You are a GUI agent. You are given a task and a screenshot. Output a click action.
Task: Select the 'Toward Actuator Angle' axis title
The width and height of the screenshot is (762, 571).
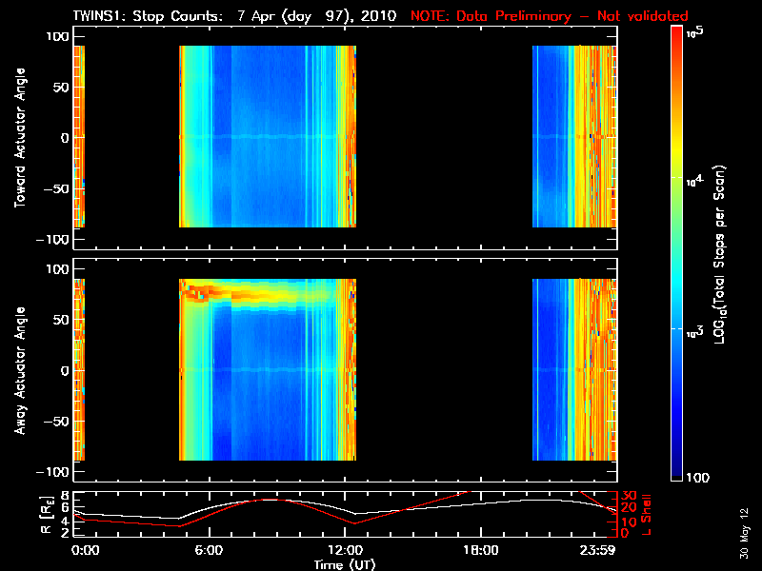click(20, 137)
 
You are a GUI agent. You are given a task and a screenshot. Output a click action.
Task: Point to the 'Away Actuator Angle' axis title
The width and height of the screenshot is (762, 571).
click(20, 370)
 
